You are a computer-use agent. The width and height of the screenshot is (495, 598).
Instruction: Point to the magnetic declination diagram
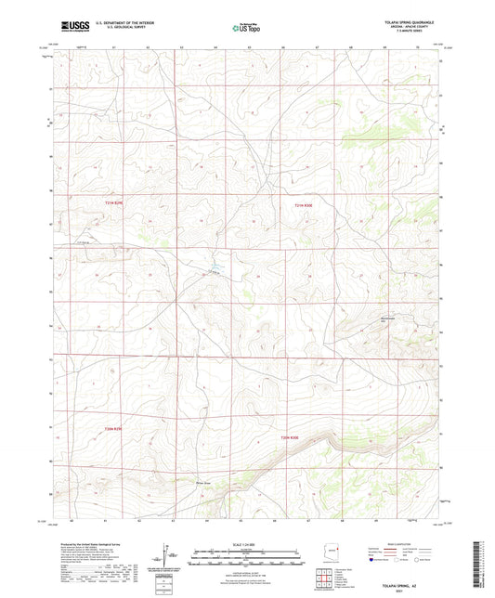coord(170,557)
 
